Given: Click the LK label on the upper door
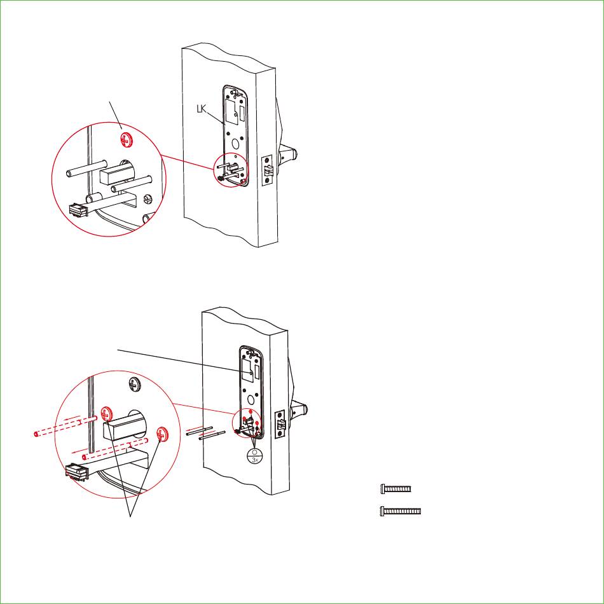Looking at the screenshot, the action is point(202,109).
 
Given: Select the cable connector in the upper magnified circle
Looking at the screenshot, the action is point(78,210).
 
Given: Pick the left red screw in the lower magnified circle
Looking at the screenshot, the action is point(106,414).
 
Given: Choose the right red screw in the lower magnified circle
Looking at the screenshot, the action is point(162,434).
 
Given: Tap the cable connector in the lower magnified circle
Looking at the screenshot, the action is point(77,472).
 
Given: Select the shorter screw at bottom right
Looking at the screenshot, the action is point(395,489).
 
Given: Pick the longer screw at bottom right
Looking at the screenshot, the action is point(400,511).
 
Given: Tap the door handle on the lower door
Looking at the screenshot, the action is point(299,412).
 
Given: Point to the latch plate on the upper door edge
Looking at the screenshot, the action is point(267,170).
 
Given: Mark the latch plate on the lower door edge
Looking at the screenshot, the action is point(280,425).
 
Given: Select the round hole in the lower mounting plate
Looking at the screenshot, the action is point(252,399).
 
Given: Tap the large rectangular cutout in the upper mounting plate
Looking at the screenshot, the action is point(231,112).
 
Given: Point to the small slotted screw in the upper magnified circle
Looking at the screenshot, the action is point(148,198).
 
